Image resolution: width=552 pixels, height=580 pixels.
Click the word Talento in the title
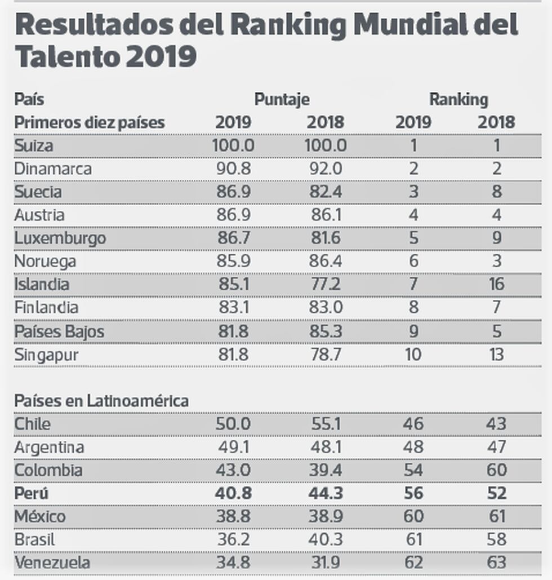66,57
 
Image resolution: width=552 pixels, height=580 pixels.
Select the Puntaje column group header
282,100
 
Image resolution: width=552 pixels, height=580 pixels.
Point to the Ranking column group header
458,100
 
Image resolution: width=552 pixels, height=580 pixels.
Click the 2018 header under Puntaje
325,122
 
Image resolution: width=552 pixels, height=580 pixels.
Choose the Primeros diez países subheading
90,122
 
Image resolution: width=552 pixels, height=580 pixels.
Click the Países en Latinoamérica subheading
101,401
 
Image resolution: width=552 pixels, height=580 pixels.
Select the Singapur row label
46,355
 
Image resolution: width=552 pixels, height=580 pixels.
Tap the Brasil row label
35,539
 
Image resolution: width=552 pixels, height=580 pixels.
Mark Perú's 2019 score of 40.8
232,493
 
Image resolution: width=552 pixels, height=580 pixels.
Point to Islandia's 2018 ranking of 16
496,284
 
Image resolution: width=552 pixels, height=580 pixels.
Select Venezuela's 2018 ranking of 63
496,563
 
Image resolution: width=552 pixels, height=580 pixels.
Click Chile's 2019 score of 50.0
232,424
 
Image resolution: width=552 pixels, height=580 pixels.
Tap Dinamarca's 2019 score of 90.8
232,169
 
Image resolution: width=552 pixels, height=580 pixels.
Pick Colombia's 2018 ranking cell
496,470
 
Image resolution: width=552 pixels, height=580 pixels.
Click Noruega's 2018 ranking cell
496,261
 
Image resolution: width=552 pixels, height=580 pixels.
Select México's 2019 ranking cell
413,516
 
